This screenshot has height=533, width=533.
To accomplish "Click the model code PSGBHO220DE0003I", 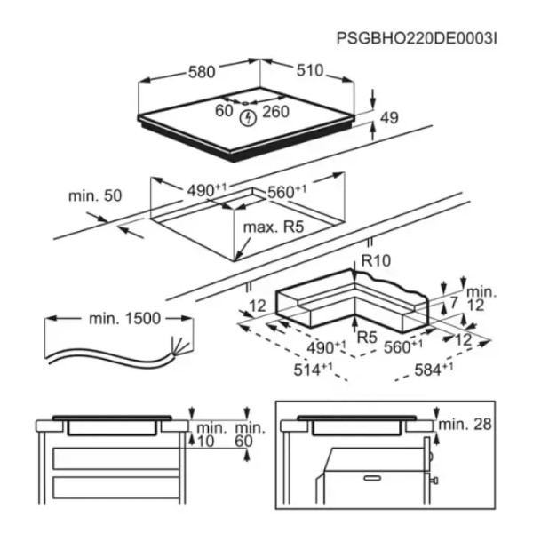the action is (417, 39).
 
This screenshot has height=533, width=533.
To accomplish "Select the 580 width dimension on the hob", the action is (202, 72).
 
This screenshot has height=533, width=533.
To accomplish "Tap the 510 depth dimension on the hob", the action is (310, 71).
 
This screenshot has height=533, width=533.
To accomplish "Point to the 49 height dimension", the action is (389, 118).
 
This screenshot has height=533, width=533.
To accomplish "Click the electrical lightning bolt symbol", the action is (248, 118).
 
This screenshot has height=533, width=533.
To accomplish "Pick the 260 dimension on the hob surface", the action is (275, 112).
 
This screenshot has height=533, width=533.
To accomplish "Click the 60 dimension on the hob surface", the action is (224, 110).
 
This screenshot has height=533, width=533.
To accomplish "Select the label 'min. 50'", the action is (95, 195).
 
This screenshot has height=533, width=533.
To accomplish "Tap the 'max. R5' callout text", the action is (274, 227).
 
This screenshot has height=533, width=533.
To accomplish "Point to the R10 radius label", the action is (376, 260).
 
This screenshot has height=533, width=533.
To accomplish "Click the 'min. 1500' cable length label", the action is (124, 319).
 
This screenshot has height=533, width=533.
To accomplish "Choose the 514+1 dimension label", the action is (313, 370).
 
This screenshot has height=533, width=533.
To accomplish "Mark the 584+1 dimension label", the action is (434, 370).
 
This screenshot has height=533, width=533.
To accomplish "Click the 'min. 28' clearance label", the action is (465, 424).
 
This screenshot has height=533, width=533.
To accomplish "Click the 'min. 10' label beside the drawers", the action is (210, 434).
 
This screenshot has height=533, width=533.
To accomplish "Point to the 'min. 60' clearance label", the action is (249, 434).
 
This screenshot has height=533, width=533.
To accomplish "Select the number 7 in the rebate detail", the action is (454, 303).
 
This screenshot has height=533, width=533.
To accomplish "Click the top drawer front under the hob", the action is (116, 458).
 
